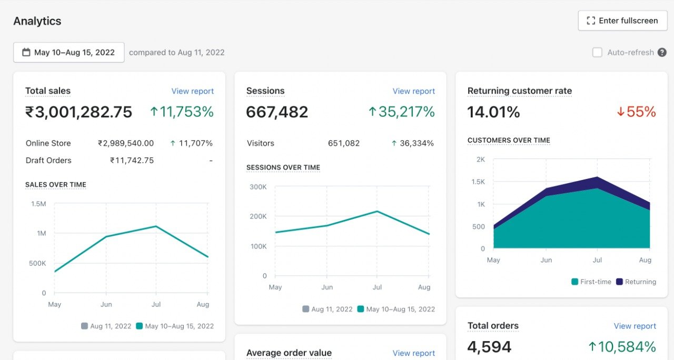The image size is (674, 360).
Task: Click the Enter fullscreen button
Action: coord(622,21)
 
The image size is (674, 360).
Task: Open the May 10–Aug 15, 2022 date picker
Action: coord(69,53)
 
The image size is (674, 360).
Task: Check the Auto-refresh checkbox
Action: coord(597,53)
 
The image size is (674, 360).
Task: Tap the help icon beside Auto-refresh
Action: coord(662,53)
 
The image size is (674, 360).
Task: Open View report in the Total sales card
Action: coord(193,91)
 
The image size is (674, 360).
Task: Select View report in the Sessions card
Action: coord(414,91)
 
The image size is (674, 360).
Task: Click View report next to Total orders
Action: coord(635,326)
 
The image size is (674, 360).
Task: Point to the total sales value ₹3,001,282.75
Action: coord(79,112)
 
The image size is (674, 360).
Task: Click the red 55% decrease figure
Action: coord(636,112)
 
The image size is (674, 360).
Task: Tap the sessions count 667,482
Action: coord(277,112)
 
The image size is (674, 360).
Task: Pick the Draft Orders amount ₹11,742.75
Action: coord(132,161)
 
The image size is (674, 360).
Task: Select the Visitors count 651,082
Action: coord(344,143)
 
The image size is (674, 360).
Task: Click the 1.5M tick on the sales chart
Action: coord(38,204)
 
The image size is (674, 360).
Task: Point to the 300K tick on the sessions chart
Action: coord(258,187)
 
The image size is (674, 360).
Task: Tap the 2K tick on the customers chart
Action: coord(480,159)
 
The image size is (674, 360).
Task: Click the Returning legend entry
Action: coord(636,282)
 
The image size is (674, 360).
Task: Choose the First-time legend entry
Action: coord(591,282)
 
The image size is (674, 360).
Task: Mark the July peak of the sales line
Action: coord(156,226)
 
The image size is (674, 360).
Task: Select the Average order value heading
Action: coord(289,353)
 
